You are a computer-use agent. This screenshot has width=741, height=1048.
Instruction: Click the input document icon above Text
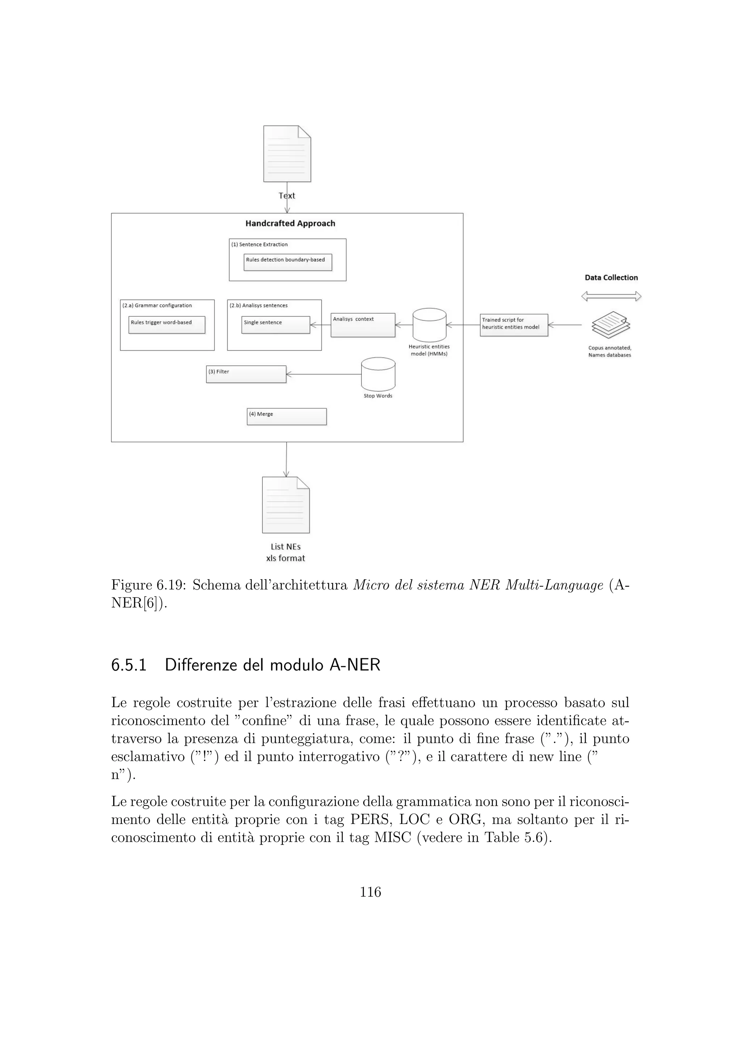tap(287, 154)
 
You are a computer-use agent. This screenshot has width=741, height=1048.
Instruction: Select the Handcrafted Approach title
tap(290, 224)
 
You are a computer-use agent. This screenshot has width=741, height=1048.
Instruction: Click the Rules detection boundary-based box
tap(287, 262)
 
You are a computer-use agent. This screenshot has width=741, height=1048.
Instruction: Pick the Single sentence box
tap(276, 325)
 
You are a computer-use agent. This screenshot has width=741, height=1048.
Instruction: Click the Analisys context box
tap(363, 325)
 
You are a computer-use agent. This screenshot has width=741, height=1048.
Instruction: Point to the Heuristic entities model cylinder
tap(429, 325)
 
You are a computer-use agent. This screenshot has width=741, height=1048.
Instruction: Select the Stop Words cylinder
tap(378, 374)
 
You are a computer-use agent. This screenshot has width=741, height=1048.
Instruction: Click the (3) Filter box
tap(246, 374)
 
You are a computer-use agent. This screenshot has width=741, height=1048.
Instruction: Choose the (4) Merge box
tap(287, 416)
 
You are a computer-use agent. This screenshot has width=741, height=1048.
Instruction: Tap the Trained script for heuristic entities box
tap(514, 325)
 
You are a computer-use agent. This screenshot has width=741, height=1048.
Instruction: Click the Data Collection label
tap(611, 278)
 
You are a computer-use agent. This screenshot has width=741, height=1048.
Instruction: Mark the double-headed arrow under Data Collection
tap(611, 297)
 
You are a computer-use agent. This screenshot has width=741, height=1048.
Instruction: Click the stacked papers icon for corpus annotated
tap(610, 325)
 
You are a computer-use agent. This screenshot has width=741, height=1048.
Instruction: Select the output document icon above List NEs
tap(285, 505)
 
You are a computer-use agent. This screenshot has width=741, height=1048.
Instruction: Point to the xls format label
tap(285, 558)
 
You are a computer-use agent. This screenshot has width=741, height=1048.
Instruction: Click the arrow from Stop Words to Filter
tap(323, 374)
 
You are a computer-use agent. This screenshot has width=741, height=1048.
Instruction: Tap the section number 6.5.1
tap(129, 665)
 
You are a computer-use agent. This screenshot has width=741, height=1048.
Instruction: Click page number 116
tap(370, 892)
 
